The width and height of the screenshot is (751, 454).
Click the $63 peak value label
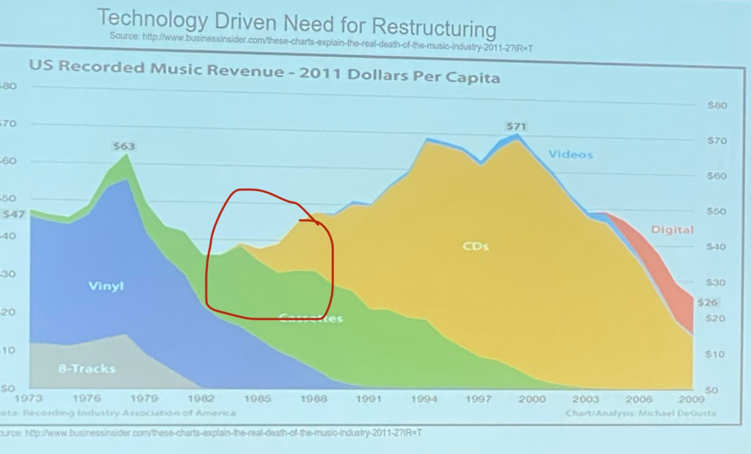point(123,146)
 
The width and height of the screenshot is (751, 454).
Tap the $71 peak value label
point(516,126)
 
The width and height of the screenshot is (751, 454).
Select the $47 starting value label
point(13,214)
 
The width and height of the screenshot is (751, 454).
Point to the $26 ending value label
point(707,302)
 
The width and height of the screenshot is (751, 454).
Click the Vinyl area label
point(106,286)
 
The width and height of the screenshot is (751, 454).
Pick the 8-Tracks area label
point(86,369)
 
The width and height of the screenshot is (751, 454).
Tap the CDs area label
point(475,246)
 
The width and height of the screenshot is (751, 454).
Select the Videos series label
point(570,154)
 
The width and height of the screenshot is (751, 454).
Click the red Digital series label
point(672,230)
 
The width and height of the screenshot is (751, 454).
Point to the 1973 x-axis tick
point(28,398)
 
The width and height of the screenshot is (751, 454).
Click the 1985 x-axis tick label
point(257,399)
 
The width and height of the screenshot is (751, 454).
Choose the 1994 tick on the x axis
point(424,399)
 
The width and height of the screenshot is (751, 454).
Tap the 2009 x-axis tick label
point(691,399)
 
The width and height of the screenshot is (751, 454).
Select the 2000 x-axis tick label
point(532,399)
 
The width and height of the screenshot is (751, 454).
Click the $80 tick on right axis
point(717,105)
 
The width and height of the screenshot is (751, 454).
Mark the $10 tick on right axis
point(715,354)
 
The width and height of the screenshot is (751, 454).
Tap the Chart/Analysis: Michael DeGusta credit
point(641,413)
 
